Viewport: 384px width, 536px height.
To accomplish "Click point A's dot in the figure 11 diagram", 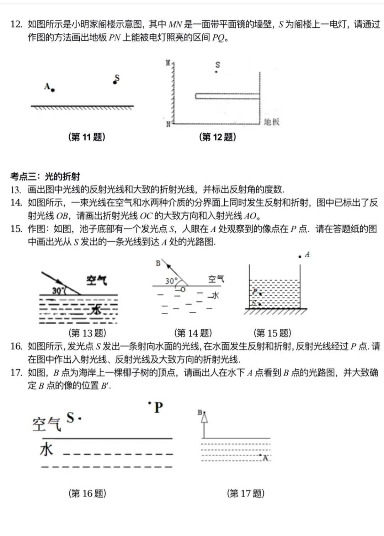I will [x=53, y=90].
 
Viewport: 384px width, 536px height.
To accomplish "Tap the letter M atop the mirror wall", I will [x=168, y=63].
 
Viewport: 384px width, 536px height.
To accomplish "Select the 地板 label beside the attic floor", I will [x=272, y=122].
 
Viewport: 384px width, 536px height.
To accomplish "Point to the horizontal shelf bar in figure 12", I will [x=227, y=96].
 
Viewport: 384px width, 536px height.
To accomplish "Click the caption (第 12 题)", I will [x=217, y=137].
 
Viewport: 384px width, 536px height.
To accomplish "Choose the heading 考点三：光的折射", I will [x=45, y=176].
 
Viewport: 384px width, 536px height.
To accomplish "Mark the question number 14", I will [x=16, y=203].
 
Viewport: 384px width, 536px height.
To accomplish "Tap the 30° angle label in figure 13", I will [x=58, y=290].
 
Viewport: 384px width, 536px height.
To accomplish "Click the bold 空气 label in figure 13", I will [x=96, y=280].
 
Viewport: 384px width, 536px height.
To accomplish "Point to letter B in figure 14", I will [x=158, y=263].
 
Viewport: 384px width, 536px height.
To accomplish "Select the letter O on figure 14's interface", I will [x=183, y=290].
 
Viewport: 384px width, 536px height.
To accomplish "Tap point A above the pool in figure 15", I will [x=300, y=256].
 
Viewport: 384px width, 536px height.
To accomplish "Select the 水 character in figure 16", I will [x=47, y=450].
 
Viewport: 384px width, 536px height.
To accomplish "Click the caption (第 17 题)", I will [x=246, y=493].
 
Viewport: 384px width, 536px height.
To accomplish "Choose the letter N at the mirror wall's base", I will [x=168, y=124].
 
